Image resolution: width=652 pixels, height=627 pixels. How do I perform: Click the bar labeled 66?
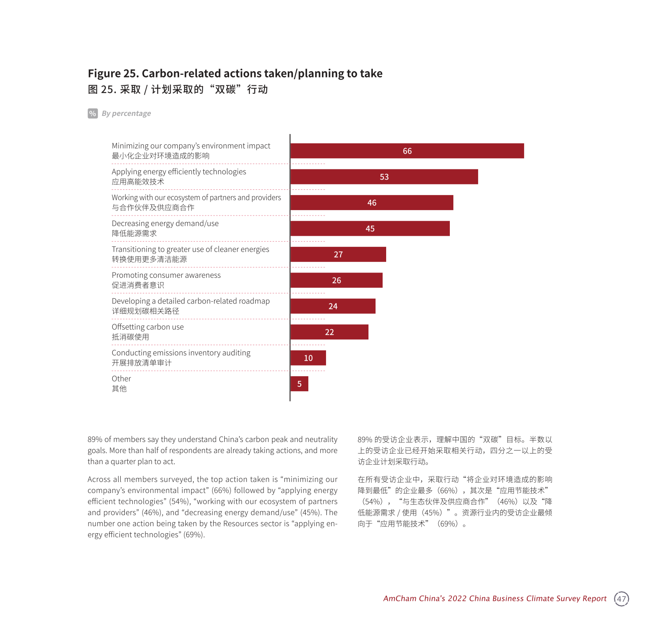click(407, 151)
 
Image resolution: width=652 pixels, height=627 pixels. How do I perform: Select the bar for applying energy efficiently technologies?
click(384, 177)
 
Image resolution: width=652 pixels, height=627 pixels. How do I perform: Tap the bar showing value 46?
click(372, 203)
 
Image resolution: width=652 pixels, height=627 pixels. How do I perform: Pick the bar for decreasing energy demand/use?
click(370, 228)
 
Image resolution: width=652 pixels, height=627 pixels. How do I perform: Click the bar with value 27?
click(338, 254)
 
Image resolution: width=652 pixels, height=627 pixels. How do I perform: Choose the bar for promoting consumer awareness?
click(336, 281)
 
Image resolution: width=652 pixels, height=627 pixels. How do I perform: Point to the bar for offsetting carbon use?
click(329, 332)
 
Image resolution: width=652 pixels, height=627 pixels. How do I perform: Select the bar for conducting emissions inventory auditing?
click(308, 358)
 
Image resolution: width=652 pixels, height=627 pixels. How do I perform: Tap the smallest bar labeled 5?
click(299, 384)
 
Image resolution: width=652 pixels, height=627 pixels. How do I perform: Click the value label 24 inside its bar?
click(333, 306)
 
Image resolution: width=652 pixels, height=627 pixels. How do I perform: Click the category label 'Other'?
click(121, 379)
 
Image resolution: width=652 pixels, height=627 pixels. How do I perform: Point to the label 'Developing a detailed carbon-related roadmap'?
click(191, 301)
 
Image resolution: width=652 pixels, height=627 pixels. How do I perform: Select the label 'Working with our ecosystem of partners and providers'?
click(196, 197)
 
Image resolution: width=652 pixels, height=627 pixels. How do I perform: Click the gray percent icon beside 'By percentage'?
click(92, 113)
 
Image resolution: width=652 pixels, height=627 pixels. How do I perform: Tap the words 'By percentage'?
click(127, 113)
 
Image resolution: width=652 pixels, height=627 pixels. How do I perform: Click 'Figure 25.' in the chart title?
click(113, 73)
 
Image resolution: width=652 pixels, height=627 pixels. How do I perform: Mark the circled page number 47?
click(621, 599)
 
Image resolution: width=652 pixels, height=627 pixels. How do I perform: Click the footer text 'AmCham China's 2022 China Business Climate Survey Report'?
click(495, 599)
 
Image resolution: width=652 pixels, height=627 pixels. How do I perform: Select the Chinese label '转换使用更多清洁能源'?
click(149, 259)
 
